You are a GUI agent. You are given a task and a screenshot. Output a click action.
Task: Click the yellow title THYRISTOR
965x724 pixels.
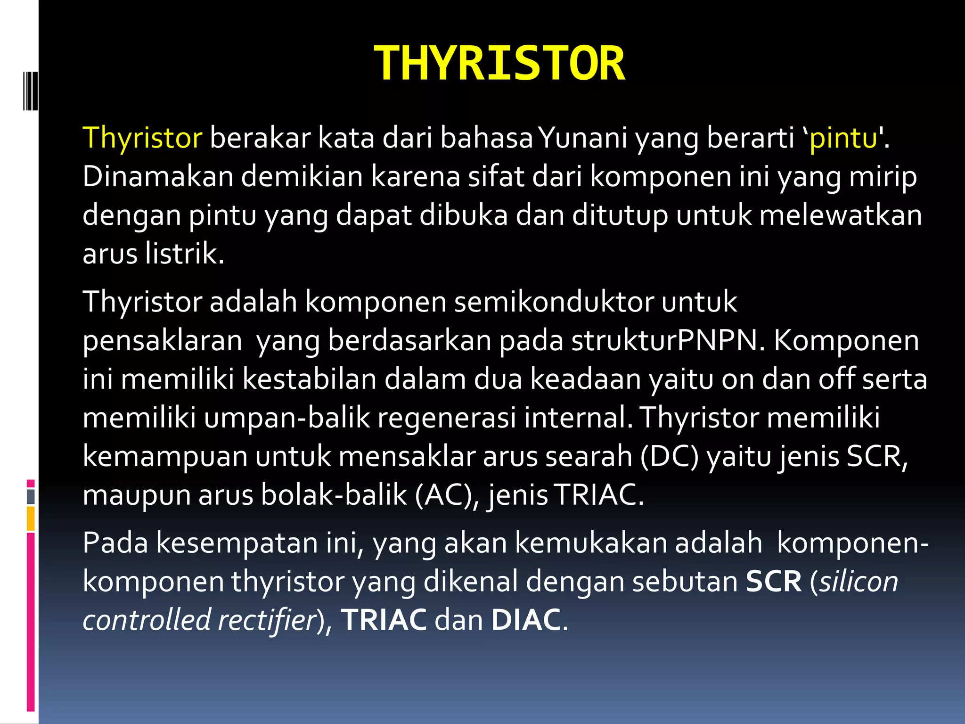pos(499,64)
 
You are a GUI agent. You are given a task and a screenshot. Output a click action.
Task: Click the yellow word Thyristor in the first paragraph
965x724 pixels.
pos(142,138)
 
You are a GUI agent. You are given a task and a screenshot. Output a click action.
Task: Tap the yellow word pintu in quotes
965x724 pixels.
pos(843,138)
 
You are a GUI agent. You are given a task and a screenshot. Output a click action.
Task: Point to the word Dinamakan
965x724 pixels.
pos(158,177)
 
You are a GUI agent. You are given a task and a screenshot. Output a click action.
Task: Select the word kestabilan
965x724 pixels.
pos(309,379)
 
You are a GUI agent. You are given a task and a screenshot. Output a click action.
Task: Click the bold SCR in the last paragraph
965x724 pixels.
pos(773,582)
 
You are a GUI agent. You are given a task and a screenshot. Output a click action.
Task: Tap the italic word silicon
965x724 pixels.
pos(859,582)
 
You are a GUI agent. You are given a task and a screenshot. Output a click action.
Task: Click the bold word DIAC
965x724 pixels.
pos(526,620)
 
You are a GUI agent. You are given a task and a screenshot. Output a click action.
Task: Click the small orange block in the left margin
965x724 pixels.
pos(31,518)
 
